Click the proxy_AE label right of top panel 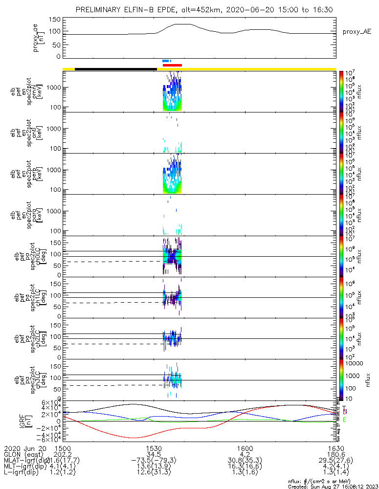click(357, 32)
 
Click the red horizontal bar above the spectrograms click(172, 65)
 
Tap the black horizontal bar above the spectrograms click(116, 69)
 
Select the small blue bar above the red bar click(166, 61)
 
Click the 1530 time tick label click(154, 448)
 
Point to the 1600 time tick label click(245, 448)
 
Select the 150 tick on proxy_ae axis click(55, 20)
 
